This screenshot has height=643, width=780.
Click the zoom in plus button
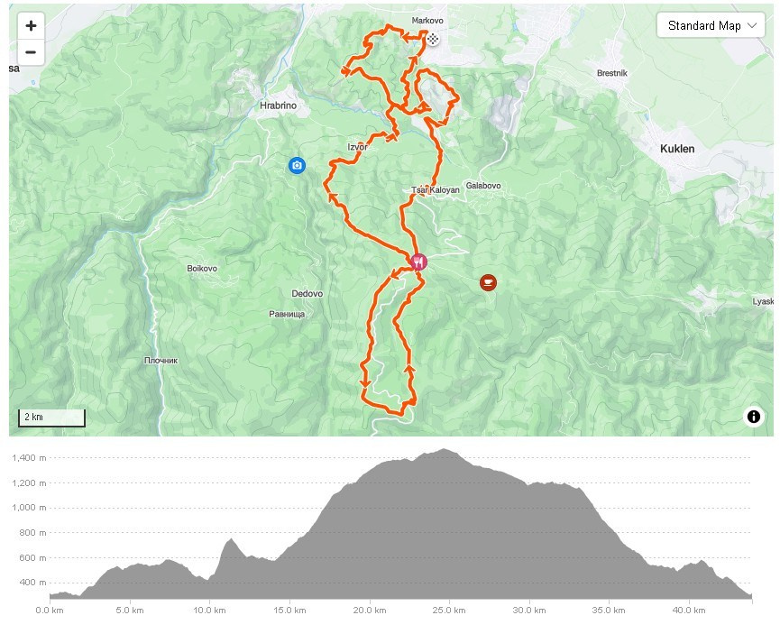(31, 26)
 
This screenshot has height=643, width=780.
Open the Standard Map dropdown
(711, 25)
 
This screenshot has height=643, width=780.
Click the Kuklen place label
(677, 149)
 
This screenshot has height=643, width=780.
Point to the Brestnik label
(612, 73)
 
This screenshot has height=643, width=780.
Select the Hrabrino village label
(278, 106)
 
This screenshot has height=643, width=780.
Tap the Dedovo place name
(307, 294)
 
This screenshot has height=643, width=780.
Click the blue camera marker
(297, 165)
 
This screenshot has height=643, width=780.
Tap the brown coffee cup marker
(488, 283)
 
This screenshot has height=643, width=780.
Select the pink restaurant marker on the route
(418, 262)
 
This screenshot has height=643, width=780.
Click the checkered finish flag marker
(434, 39)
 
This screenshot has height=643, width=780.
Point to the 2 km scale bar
(51, 418)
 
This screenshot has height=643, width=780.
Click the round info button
(754, 416)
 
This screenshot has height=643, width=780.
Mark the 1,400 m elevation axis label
(30, 458)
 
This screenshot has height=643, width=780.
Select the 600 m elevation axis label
(34, 557)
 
